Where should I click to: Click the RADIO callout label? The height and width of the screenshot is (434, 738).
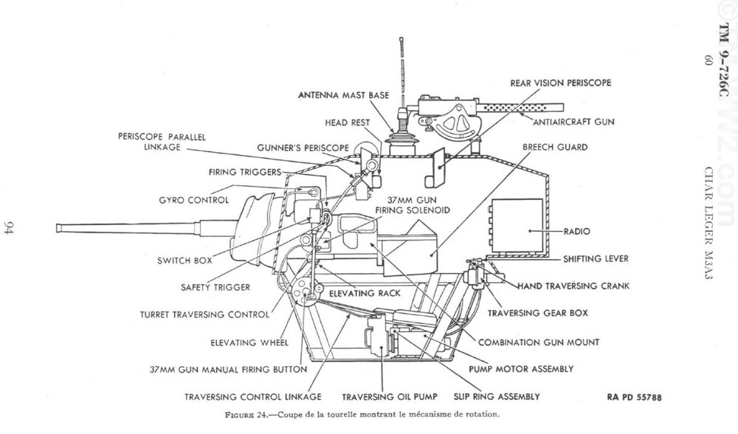[576, 232]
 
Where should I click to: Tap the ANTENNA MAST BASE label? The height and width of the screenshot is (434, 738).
[344, 95]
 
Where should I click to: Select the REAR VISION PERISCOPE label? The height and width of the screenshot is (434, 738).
[561, 83]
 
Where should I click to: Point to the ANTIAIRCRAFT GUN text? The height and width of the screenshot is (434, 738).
[573, 122]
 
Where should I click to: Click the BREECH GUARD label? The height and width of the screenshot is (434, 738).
[555, 148]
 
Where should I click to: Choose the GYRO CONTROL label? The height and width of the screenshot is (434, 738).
[194, 200]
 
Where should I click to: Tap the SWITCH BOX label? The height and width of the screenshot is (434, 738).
[184, 261]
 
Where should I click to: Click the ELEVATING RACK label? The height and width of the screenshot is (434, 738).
[365, 293]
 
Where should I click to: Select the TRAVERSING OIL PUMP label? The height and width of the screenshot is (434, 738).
[390, 397]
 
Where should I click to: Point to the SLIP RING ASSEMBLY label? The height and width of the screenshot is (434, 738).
[497, 397]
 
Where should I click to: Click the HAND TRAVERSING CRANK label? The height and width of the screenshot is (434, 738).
[573, 286]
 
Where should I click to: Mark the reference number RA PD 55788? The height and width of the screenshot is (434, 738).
[635, 397]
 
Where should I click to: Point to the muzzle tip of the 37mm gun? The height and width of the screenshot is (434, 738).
[57, 228]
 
